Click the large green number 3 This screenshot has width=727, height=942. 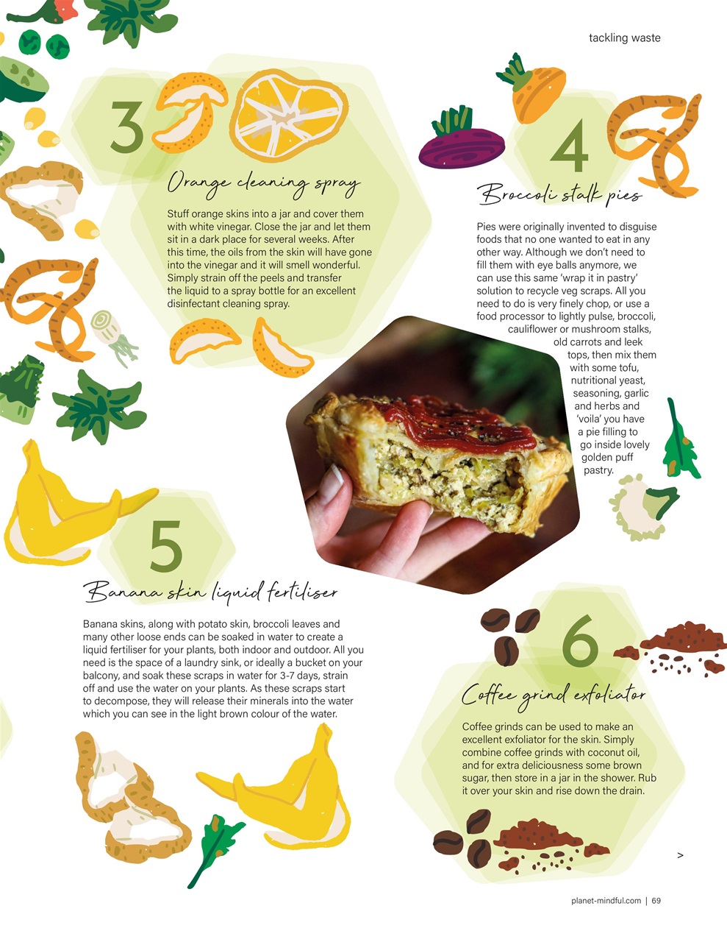click(x=127, y=127)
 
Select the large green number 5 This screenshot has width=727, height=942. click(x=166, y=546)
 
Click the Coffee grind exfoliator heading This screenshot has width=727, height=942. click(x=554, y=695)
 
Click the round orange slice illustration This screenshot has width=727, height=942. click(x=289, y=116)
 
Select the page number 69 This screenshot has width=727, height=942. click(x=656, y=900)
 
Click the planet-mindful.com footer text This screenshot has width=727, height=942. click(x=606, y=900)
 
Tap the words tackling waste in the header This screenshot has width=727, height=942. click(x=624, y=38)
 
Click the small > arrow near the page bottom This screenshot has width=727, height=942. click(x=680, y=855)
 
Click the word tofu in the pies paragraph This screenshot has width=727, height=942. click(x=629, y=368)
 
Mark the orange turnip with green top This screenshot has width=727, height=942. click(x=533, y=89)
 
